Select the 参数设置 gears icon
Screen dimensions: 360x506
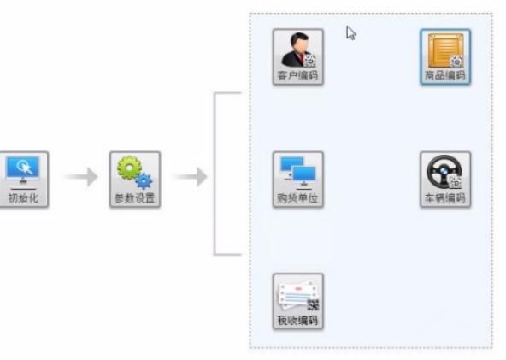point(133,178)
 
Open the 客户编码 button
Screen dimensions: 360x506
point(297,56)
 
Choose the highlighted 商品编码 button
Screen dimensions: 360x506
point(444,56)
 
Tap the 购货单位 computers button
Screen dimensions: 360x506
point(297,179)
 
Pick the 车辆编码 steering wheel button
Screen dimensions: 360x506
point(444,179)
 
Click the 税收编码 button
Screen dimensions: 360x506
point(297,301)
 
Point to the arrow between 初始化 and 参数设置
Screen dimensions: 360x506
point(81,177)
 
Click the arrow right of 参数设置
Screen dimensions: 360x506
point(190,177)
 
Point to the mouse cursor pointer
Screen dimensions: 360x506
point(350,32)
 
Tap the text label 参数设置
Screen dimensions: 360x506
point(133,198)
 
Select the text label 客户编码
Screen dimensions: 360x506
point(297,76)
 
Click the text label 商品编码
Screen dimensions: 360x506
point(444,76)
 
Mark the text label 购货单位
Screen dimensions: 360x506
point(297,198)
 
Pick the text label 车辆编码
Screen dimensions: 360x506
point(444,198)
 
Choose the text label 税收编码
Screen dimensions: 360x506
point(297,321)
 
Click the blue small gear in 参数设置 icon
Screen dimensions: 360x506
point(143,180)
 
